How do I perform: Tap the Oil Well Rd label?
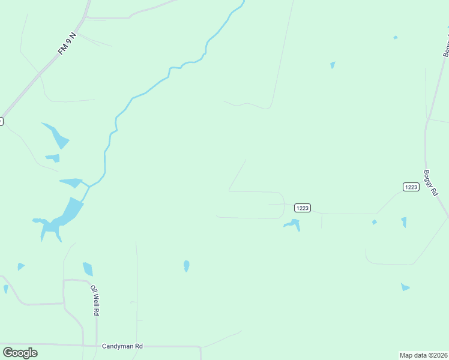coord(95,300)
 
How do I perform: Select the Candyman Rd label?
coord(122,346)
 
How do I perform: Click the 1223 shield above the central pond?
coord(302,208)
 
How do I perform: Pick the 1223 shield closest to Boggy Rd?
coord(411,187)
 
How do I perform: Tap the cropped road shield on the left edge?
coord(1,121)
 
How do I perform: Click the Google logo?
coord(20,353)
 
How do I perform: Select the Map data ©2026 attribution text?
coord(423,355)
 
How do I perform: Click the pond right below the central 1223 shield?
coord(293,224)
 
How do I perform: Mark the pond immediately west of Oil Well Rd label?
coord(88,269)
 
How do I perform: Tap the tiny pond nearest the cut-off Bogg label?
coord(395,38)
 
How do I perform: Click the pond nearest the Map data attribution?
coord(405,287)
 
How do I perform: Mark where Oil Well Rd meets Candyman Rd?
coord(97,346)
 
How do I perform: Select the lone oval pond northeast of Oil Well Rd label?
coord(186,265)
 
